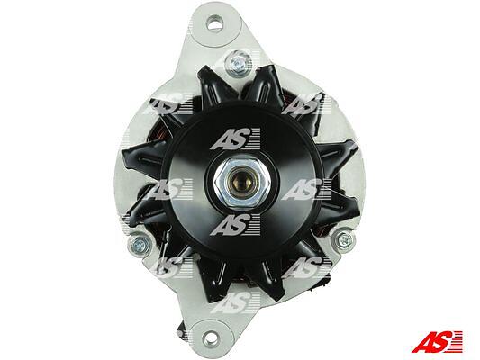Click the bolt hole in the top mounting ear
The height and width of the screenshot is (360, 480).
[214, 23]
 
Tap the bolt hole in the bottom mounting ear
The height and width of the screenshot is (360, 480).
[211, 337]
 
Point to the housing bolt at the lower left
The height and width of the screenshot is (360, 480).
[140, 245]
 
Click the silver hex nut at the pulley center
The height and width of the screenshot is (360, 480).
[241, 183]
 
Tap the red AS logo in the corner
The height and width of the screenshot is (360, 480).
[437, 342]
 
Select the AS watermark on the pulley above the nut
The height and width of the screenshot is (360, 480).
[235, 139]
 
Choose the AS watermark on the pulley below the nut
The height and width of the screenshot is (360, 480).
[235, 224]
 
